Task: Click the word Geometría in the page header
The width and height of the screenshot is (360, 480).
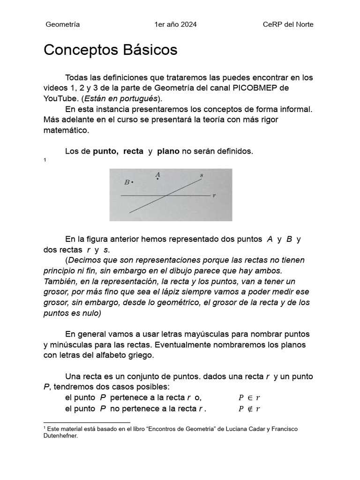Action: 62,24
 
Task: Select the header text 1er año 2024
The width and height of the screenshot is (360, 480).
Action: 175,24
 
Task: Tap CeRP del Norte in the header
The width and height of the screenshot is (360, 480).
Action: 288,24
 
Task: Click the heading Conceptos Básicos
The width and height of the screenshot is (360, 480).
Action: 111,50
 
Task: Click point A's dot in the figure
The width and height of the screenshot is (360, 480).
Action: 157,179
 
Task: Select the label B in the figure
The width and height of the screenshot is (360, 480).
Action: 127,182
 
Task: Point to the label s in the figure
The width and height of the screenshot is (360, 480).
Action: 202,175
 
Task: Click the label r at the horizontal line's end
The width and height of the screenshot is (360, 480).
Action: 214,195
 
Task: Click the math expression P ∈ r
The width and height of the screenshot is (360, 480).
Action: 249,398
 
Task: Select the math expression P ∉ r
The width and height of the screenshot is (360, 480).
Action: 249,409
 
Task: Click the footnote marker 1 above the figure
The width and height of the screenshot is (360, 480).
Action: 45,161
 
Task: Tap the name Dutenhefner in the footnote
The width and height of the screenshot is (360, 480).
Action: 60,435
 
